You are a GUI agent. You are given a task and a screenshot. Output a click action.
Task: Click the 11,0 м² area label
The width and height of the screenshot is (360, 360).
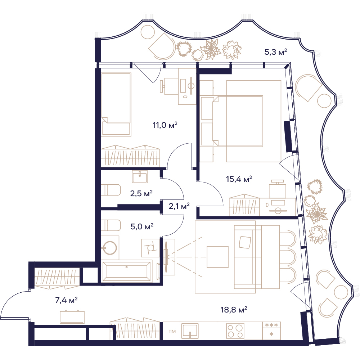(165, 125)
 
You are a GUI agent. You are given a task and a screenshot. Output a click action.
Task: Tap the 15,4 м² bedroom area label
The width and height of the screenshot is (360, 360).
(239, 179)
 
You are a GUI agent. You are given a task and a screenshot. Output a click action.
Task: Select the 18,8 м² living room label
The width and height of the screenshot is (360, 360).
(234, 310)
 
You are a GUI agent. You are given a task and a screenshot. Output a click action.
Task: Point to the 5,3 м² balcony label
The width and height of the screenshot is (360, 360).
(276, 52)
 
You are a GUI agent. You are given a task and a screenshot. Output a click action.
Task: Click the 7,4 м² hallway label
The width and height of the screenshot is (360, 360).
(66, 300)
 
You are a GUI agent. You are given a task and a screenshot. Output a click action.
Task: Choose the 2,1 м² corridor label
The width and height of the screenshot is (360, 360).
(179, 206)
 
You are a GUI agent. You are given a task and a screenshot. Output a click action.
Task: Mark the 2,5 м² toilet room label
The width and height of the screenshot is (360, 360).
(141, 194)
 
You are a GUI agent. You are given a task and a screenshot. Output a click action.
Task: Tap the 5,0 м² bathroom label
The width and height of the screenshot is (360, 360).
(142, 227)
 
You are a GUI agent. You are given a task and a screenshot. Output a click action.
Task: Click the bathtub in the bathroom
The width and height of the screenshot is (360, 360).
(126, 271)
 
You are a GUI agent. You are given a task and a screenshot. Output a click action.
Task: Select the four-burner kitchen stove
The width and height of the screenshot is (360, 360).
(235, 331)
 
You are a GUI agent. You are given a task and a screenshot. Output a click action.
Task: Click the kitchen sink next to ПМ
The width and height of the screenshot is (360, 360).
(190, 331)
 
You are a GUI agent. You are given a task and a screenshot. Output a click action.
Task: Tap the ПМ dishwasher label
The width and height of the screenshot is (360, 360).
(172, 331)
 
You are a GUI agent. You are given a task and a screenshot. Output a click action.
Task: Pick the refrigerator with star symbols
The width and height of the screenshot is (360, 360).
(271, 330)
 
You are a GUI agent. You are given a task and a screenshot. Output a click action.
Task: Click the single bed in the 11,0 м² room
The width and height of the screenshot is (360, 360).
(116, 104)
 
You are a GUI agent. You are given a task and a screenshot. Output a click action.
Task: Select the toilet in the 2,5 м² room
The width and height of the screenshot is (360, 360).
(111, 190)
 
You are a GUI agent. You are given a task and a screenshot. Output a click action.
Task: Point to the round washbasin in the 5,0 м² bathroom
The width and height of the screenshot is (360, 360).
(110, 248)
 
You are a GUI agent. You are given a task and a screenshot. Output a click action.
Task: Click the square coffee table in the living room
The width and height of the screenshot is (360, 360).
(217, 257)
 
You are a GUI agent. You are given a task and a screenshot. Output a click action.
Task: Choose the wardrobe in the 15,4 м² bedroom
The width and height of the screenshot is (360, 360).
(244, 206)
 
